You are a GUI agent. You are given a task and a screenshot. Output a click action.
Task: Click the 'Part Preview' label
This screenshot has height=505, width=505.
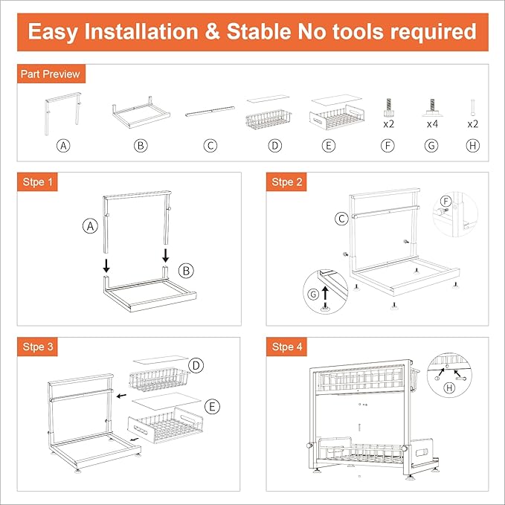click(51, 74)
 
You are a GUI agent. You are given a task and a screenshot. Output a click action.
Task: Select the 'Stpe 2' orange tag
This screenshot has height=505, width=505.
click(286, 182)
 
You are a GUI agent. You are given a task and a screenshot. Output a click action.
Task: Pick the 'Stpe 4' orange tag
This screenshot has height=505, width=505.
click(286, 347)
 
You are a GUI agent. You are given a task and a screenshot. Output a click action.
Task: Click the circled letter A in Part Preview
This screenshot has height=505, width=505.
click(65, 146)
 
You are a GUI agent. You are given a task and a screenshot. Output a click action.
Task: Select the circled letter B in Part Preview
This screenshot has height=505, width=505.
click(141, 146)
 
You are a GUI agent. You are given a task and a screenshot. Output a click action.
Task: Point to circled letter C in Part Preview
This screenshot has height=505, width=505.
click(210, 146)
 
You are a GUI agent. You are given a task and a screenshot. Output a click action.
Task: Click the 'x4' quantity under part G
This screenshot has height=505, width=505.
click(431, 124)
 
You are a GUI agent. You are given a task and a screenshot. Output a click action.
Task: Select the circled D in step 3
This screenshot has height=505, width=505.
click(196, 365)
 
